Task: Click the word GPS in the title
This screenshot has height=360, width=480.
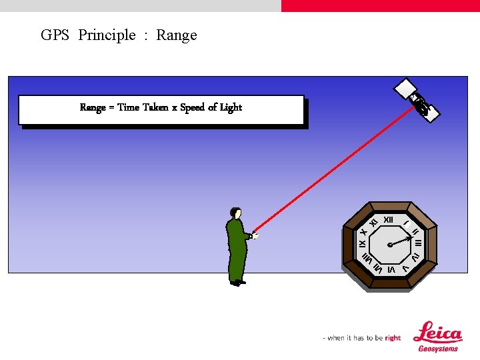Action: click(55, 35)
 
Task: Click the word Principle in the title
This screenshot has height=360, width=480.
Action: click(107, 35)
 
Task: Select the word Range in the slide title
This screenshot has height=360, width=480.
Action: click(177, 35)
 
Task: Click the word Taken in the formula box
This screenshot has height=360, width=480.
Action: click(155, 107)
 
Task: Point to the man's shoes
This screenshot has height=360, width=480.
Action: click(237, 283)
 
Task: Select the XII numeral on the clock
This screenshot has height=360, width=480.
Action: click(389, 219)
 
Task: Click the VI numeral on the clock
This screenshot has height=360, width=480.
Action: click(391, 269)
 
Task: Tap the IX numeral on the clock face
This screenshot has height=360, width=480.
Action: click(363, 245)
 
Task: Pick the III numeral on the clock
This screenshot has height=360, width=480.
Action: click(418, 243)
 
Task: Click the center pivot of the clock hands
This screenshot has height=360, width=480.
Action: click(390, 245)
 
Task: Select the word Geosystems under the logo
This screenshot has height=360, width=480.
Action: click(438, 349)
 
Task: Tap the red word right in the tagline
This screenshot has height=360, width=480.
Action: click(393, 338)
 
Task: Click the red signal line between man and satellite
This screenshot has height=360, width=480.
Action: click(333, 167)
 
